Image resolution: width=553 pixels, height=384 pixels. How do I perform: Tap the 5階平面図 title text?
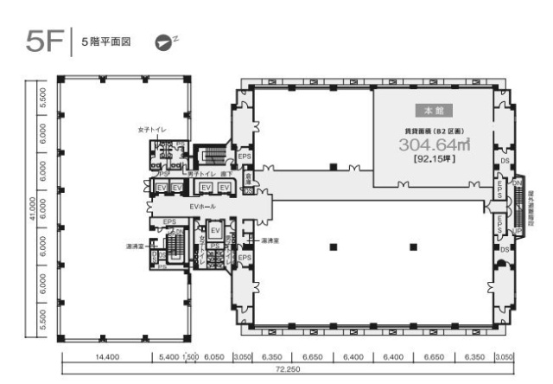tap(105, 42)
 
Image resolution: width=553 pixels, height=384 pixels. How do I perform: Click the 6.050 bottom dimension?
tap(214, 356)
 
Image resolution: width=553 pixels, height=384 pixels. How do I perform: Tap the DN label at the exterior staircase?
tap(518, 182)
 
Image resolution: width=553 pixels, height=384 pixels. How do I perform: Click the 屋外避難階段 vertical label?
tap(531, 207)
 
